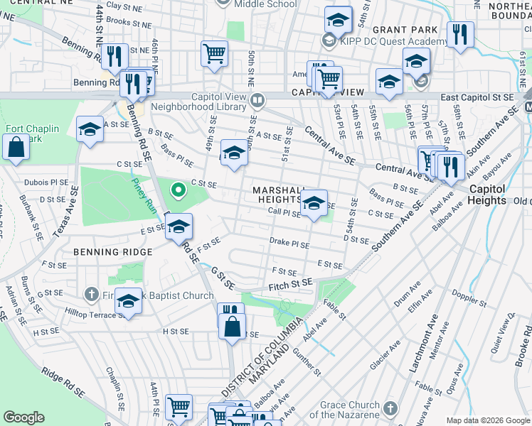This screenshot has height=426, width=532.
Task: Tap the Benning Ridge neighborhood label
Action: point(112,252)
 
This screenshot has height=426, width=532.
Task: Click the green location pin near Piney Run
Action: point(178,190)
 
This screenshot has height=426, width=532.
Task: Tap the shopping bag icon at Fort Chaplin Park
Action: point(16,148)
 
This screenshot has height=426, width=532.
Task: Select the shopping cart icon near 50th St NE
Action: point(214,53)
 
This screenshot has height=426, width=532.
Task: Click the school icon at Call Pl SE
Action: point(313,204)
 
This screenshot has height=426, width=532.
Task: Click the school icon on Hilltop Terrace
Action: point(129,301)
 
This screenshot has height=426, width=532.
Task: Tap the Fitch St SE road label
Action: point(291,284)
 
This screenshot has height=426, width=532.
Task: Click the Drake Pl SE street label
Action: point(289,244)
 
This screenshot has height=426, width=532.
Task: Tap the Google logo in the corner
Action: point(23,417)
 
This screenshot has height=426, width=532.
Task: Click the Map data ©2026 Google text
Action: point(487,420)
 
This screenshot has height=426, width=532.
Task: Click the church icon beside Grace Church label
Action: point(390,408)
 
